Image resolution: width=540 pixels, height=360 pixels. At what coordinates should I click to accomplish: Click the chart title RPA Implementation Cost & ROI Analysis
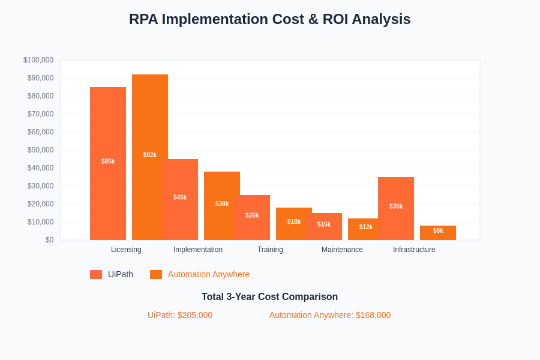tap(269, 19)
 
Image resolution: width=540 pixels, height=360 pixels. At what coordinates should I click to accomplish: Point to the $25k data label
tap(252, 215)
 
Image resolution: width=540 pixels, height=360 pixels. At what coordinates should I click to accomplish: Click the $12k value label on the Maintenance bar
tap(366, 227)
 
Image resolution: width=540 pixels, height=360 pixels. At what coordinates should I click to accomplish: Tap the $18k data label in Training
tap(294, 222)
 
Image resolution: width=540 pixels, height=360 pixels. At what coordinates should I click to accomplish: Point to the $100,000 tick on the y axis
tap(38, 60)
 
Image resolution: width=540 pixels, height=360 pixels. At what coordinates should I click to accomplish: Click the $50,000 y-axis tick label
tap(40, 150)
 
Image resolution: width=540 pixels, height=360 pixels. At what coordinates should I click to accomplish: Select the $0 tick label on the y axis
tap(49, 240)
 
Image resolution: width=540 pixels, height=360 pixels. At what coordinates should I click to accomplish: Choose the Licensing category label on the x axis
tap(126, 250)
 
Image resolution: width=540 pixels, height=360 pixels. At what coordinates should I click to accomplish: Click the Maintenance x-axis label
tap(342, 250)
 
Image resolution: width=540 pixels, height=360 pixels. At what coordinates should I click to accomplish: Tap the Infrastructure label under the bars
tap(414, 250)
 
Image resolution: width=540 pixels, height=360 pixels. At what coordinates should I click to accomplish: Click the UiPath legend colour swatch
tap(96, 274)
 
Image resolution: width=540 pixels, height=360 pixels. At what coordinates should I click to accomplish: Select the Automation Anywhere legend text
tap(209, 274)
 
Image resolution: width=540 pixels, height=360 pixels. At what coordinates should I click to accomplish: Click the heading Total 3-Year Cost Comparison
tap(269, 297)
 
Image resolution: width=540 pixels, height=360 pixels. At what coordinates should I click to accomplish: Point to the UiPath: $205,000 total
tap(180, 315)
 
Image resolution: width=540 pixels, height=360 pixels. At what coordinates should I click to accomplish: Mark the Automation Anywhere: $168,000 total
tap(330, 315)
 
